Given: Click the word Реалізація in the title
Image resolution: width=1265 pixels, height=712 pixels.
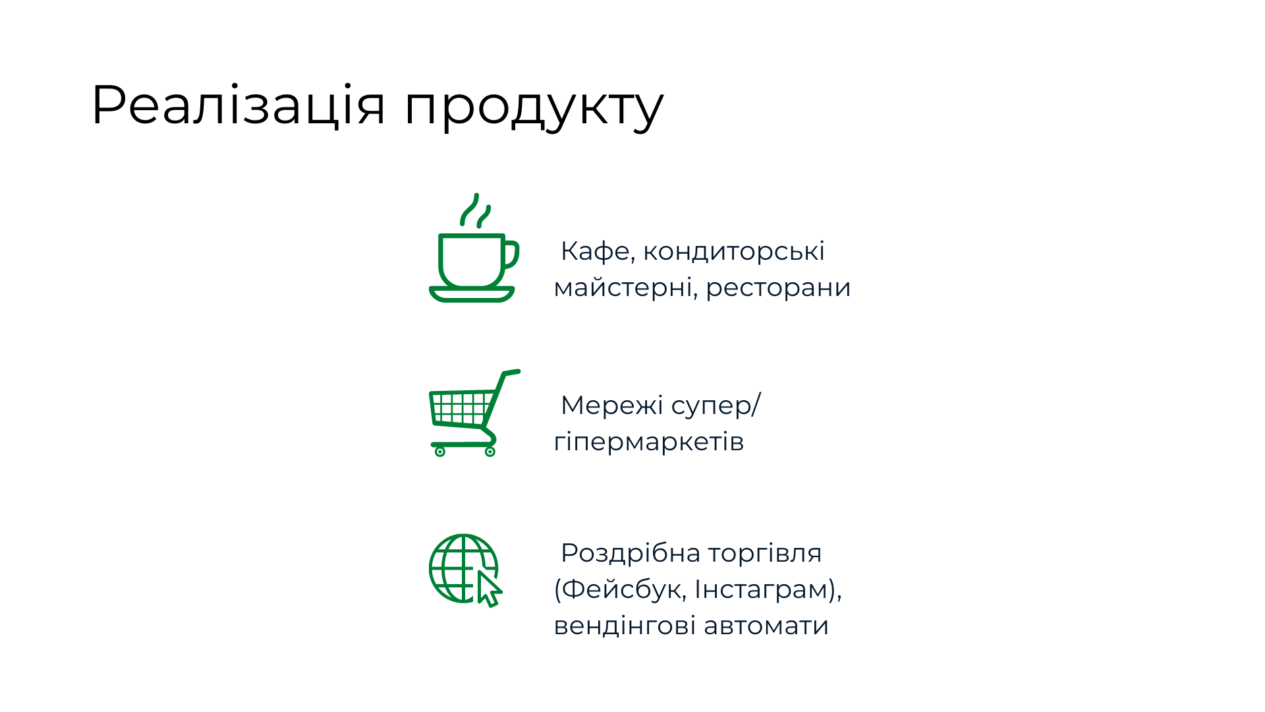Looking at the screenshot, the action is click(x=238, y=105).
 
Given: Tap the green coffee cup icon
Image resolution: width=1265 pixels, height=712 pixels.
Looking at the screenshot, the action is click(x=474, y=248).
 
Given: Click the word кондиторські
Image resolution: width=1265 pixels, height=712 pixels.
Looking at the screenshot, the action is click(x=734, y=251).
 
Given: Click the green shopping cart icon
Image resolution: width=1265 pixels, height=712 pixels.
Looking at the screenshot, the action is click(x=474, y=413).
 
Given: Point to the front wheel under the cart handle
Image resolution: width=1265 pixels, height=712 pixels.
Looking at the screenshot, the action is click(x=490, y=452).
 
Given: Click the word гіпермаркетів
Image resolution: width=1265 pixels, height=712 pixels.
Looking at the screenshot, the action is click(x=649, y=442).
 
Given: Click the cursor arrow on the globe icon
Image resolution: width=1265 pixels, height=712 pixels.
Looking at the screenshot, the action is click(x=489, y=589).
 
